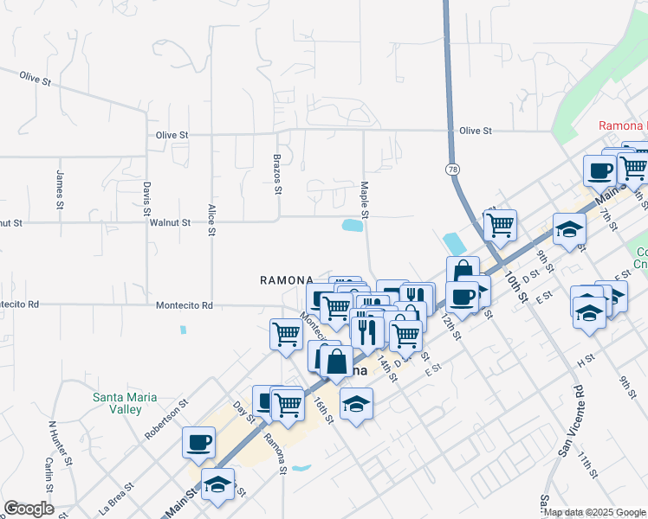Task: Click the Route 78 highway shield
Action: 453,170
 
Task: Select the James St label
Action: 60,189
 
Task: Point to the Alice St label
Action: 211,220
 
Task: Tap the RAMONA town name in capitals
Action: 286,280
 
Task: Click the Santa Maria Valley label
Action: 126,404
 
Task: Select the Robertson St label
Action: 167,420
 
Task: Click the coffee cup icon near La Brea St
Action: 198,442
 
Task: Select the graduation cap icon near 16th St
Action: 356,403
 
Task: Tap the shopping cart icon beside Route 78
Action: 500,225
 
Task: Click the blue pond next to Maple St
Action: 352,226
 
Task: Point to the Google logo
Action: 29,509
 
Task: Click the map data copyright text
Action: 595,512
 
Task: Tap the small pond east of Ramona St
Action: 301,469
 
